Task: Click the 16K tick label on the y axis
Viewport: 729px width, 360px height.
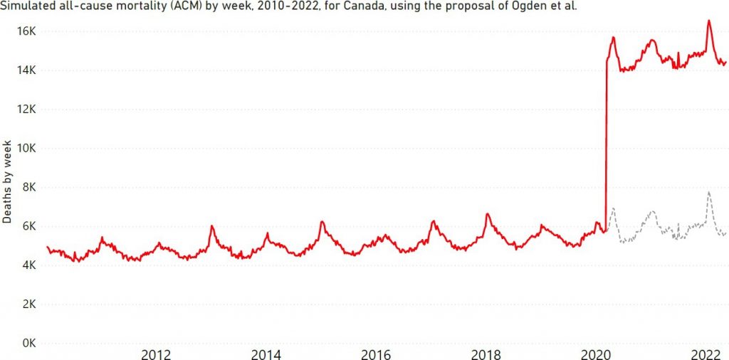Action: coord(27,31)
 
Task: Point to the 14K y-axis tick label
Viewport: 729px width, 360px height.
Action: coord(27,70)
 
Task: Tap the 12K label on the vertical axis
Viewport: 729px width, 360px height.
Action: coord(27,110)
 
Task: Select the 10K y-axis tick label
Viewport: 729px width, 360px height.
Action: coord(27,149)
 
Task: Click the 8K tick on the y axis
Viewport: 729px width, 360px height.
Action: coord(30,188)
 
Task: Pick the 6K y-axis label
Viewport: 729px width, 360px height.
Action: coord(30,227)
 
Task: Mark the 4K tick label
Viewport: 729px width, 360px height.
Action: coord(30,265)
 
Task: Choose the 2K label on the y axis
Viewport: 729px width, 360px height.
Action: coord(30,305)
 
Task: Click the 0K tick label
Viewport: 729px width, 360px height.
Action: coord(30,344)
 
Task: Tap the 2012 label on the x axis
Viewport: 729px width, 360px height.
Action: coord(155,354)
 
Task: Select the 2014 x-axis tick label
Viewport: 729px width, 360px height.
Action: coord(266,354)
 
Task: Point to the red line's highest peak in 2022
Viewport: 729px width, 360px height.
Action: coord(708,21)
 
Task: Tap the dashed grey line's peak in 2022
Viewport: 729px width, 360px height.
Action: coord(708,192)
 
